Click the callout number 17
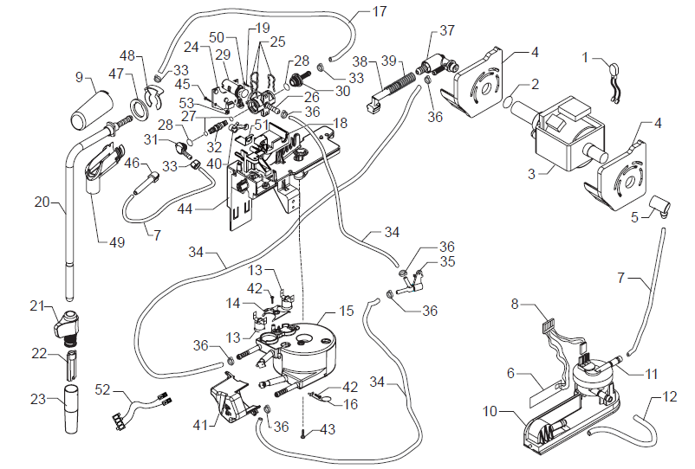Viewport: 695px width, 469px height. pyautogui.click(x=379, y=12)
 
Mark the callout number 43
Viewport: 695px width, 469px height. pyautogui.click(x=328, y=428)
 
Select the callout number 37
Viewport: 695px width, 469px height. pyautogui.click(x=447, y=31)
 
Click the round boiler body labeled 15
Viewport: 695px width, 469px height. pyautogui.click(x=308, y=342)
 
